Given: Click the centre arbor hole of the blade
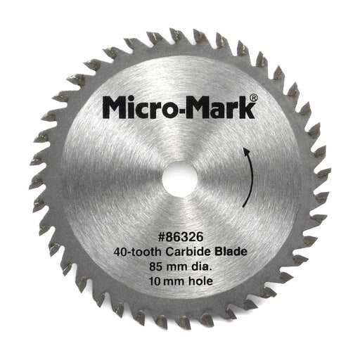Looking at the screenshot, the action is coord(179,179).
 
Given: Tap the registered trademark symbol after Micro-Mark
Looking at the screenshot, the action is coord(253,98).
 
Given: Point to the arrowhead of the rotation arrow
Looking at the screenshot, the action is coord(245,151).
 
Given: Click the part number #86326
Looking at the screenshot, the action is coord(180,237).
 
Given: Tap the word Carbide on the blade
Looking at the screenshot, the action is coord(189,252).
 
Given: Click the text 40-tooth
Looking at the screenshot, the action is coord(138,252).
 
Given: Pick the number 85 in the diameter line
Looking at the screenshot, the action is coord(155,266).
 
